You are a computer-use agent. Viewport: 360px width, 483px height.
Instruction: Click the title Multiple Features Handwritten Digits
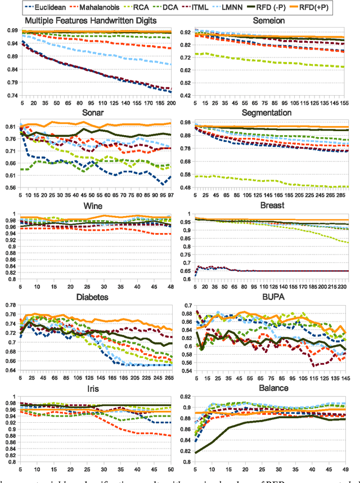90,20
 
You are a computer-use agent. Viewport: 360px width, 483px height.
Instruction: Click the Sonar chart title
90,113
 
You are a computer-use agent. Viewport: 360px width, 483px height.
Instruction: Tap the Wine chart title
90,205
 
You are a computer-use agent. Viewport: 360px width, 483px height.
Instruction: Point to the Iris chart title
90,388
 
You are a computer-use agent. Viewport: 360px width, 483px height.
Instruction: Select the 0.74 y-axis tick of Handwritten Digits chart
11,96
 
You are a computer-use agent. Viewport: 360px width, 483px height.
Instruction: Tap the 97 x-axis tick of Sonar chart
172,195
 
